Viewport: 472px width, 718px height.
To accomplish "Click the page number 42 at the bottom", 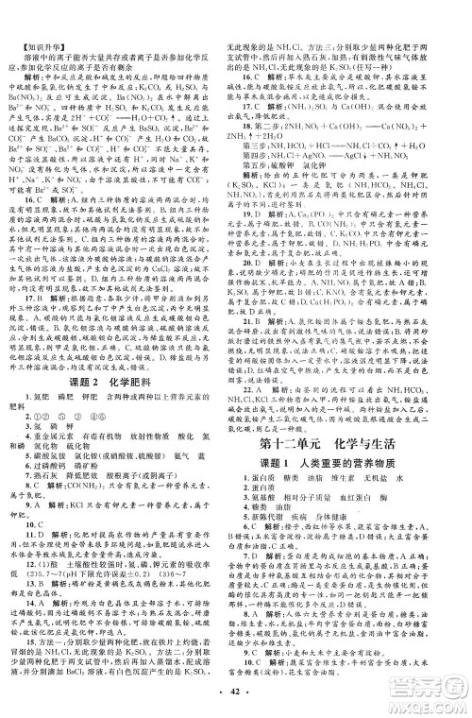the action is click(x=235, y=703).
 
